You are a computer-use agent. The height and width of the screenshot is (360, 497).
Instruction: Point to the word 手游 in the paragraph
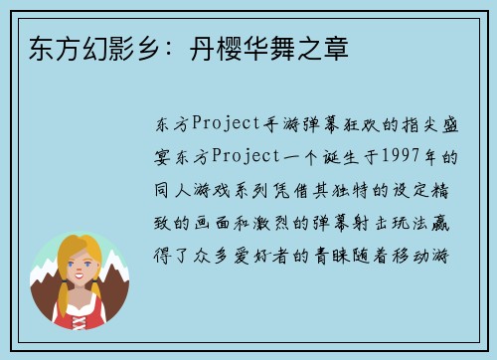[283, 124]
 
